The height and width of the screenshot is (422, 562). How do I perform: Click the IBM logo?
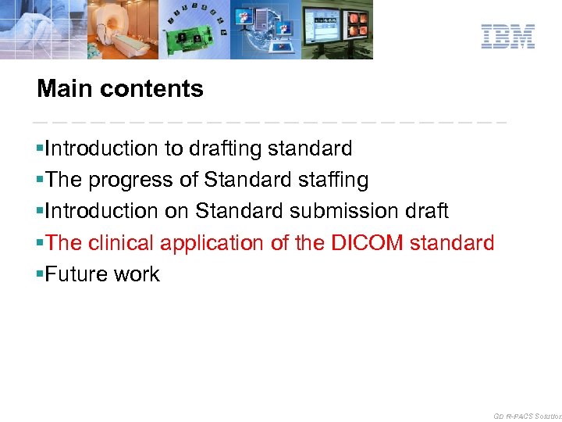coord(507,37)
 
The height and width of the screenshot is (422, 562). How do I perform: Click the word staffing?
coord(333,181)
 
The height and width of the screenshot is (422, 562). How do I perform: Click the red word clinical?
coord(121,243)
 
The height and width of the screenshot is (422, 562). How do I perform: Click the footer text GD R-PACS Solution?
coord(527,417)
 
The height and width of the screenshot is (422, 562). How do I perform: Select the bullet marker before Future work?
coord(40,275)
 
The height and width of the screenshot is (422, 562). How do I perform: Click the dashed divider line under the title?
coord(269,123)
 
